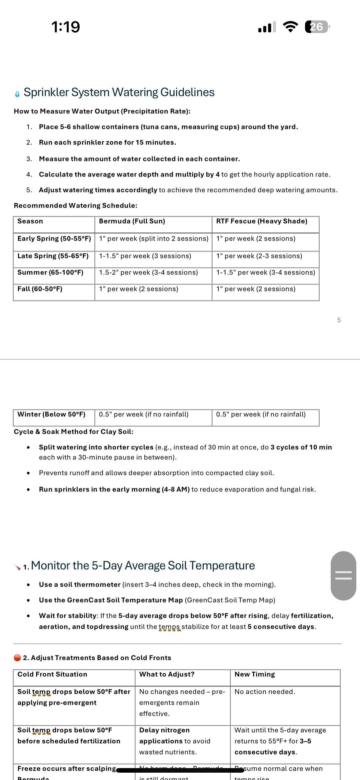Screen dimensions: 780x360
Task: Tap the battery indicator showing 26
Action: tap(317, 27)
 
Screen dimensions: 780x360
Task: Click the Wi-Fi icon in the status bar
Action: tap(290, 27)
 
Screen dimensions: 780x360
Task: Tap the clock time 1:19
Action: tap(66, 27)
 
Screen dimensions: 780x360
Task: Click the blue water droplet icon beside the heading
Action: tap(17, 94)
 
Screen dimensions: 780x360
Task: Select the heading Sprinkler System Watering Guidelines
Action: tap(119, 92)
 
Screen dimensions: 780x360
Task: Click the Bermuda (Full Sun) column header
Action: tap(132, 221)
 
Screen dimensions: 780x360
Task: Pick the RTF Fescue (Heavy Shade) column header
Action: tap(262, 221)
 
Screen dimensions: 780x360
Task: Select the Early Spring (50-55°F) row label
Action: tap(54, 239)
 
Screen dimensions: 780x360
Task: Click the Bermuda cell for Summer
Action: tap(148, 273)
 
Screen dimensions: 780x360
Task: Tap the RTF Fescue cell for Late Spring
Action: tap(259, 256)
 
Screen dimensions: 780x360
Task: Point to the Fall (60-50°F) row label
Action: tap(40, 289)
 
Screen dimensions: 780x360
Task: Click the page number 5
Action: tap(339, 320)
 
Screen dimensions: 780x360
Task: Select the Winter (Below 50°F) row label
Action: tap(51, 414)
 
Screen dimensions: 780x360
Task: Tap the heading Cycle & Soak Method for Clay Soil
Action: tap(73, 432)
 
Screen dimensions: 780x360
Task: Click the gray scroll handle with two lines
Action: tap(343, 575)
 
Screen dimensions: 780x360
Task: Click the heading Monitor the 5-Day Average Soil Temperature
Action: tap(143, 566)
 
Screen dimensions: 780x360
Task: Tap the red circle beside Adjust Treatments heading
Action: tap(17, 658)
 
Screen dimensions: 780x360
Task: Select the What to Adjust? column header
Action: tap(167, 674)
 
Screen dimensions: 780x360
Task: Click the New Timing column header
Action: tap(255, 674)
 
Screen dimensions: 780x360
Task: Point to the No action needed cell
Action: tap(265, 692)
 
